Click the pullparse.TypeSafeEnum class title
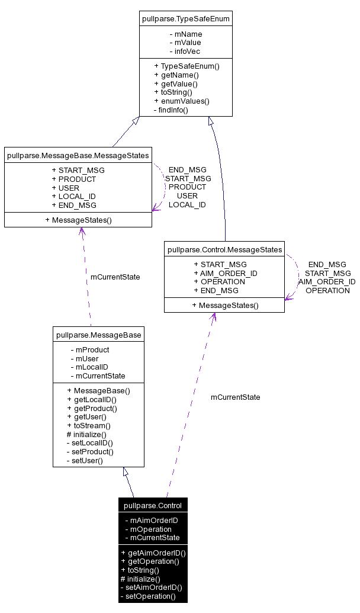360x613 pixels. (x=186, y=19)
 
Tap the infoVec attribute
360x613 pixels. (x=185, y=51)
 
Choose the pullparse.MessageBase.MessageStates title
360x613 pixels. (x=78, y=156)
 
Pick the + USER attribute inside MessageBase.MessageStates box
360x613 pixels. (x=65, y=188)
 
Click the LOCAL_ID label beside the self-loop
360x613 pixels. (x=187, y=204)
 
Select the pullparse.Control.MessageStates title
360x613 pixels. (x=225, y=249)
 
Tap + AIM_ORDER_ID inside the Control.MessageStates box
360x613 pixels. (x=225, y=273)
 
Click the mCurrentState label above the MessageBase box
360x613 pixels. (x=115, y=277)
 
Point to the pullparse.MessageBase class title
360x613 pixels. (x=98, y=335)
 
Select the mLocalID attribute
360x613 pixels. (x=89, y=367)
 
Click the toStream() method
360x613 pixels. (x=89, y=425)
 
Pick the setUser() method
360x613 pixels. (x=84, y=460)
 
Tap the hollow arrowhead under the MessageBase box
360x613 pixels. (x=125, y=471)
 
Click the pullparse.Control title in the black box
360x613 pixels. (x=153, y=505)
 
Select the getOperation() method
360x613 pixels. (x=150, y=561)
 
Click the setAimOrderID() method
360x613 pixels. (x=151, y=588)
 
